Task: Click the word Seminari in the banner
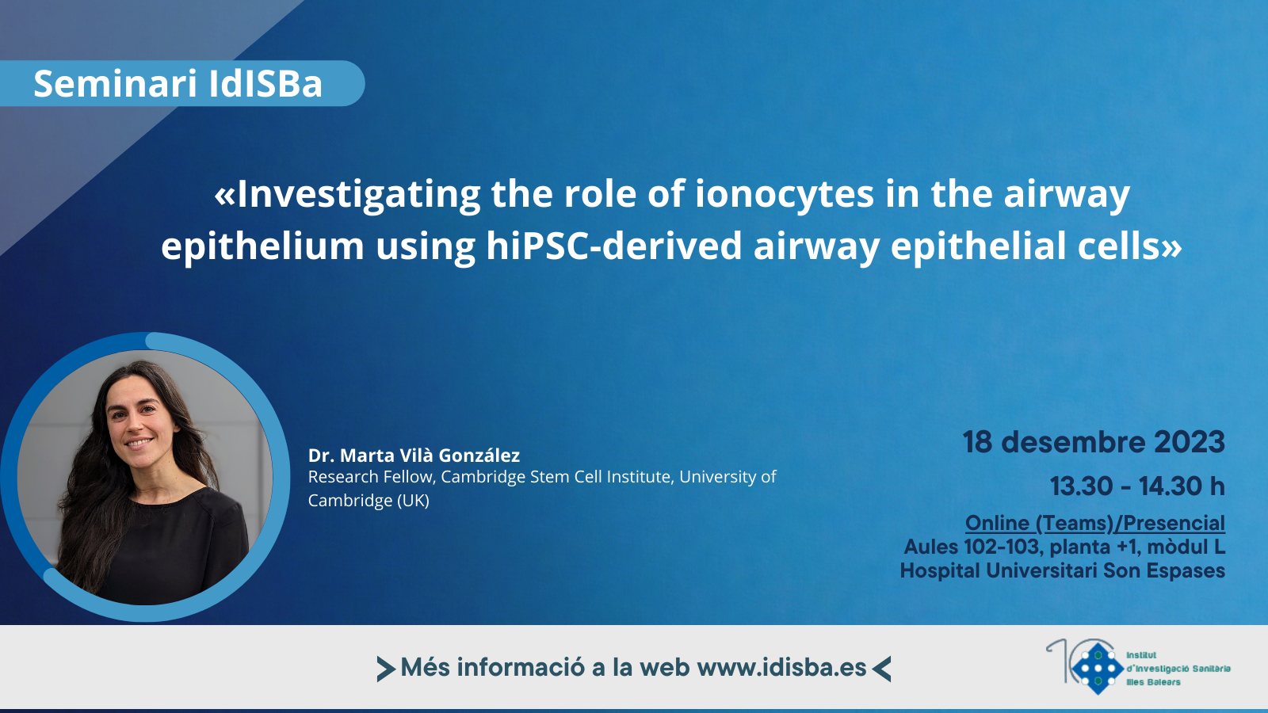tap(115, 83)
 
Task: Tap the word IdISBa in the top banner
tap(265, 83)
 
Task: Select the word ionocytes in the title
tap(784, 194)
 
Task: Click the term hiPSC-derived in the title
tap(614, 246)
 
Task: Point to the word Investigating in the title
tap(358, 195)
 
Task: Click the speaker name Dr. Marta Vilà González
tap(414, 455)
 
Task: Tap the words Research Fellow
tap(372, 477)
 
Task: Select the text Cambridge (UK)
tap(369, 500)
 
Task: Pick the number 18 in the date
tap(978, 442)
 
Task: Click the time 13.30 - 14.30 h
tap(1138, 486)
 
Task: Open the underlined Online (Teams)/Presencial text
tap(1095, 524)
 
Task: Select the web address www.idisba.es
tap(781, 668)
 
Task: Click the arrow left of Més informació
tap(386, 669)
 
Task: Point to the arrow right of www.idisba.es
tap(881, 669)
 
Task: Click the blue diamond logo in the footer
tap(1097, 669)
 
